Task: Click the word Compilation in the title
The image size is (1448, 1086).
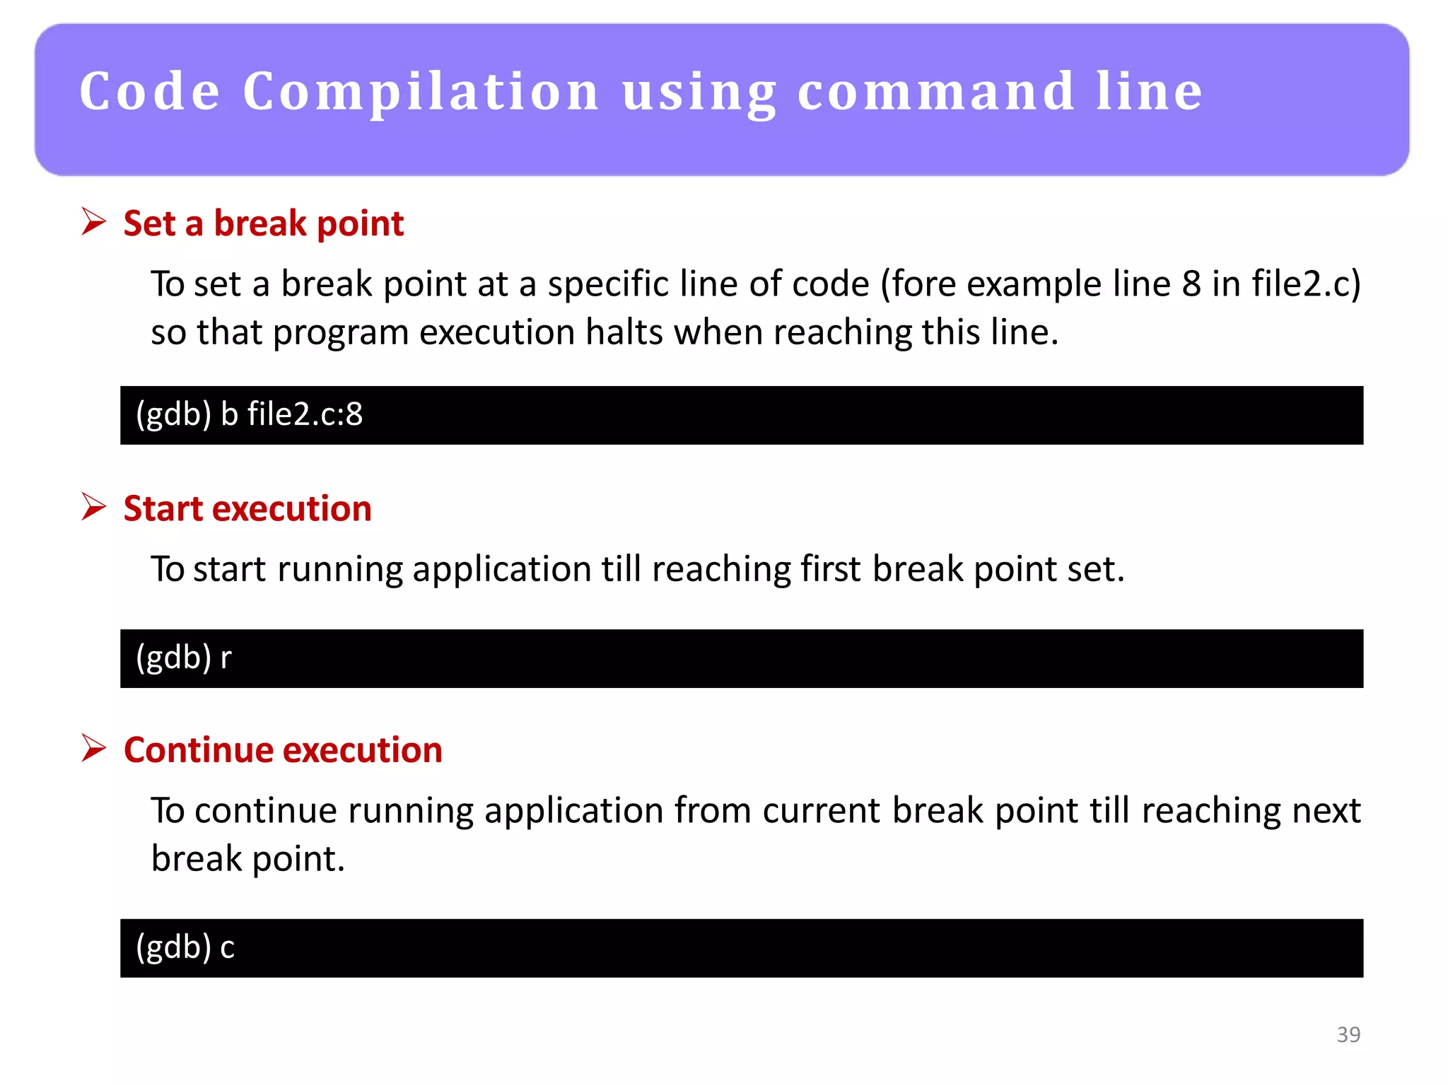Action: tap(421, 92)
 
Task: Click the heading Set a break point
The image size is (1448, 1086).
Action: tap(263, 223)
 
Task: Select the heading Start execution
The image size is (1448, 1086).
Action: tap(247, 508)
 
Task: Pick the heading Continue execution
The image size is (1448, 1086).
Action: tap(283, 749)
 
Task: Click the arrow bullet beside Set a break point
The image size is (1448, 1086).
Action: tap(93, 222)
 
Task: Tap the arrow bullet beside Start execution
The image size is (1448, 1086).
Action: tap(93, 507)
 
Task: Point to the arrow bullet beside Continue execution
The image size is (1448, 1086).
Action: tap(93, 748)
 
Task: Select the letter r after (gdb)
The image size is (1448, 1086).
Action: tap(226, 658)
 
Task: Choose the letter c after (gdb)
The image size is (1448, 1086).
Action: tap(227, 948)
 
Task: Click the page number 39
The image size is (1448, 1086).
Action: tap(1348, 1034)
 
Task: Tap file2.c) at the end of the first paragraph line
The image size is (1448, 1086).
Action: tap(1306, 284)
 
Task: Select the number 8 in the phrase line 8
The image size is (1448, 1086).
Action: tap(1191, 284)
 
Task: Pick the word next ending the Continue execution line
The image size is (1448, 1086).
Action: tap(1326, 810)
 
